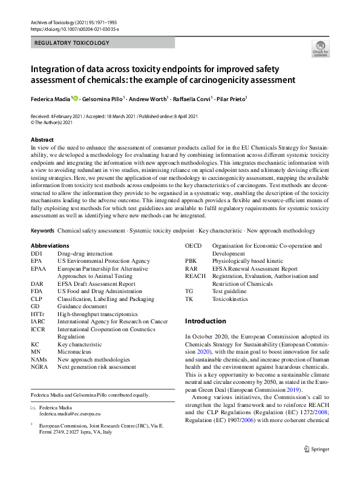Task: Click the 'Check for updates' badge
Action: pos(320,49)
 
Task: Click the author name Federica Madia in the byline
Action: pos(50,98)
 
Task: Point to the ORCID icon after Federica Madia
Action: pos(75,98)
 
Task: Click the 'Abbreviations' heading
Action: pos(50,246)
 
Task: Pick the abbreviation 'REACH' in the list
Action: pos(196,276)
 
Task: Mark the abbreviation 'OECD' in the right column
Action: pos(194,246)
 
